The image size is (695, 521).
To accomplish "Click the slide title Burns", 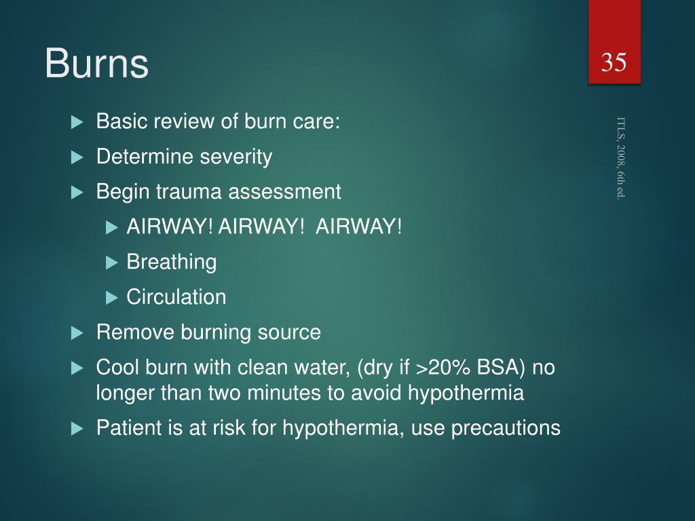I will tap(96, 64).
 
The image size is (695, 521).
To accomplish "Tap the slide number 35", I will tap(614, 63).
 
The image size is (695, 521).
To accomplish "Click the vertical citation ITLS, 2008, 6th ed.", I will tap(621, 157).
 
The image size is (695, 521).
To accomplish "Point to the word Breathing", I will tap(172, 262).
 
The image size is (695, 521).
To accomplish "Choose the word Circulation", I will tap(176, 297).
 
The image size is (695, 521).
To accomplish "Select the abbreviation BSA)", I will tap(501, 368).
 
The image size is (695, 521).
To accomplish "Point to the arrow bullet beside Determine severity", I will tap(77, 158).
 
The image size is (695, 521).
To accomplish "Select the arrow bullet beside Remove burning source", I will tap(77, 333).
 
